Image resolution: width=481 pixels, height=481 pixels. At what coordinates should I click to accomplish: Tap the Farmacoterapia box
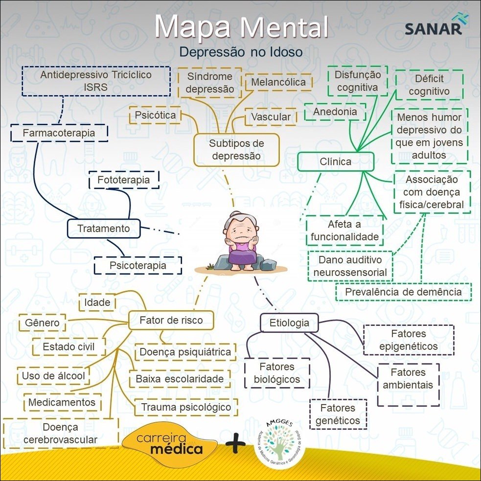click(59, 133)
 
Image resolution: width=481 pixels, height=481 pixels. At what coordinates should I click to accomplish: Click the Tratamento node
click(104, 229)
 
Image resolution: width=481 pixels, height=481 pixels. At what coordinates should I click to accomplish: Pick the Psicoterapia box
click(137, 266)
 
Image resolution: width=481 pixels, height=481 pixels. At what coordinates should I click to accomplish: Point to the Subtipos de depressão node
click(236, 150)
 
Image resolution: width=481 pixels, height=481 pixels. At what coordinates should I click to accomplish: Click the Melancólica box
click(278, 82)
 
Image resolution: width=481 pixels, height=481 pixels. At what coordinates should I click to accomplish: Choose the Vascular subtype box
click(271, 117)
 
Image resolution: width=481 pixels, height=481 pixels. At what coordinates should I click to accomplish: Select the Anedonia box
click(335, 112)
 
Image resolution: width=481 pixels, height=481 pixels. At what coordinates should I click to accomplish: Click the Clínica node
click(335, 161)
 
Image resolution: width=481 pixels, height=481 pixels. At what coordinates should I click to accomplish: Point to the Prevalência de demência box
click(403, 292)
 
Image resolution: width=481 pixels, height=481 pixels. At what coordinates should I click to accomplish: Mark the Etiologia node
click(289, 323)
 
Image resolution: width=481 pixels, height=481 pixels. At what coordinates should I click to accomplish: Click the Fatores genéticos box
click(338, 414)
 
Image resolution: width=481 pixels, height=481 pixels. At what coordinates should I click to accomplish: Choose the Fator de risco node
click(171, 321)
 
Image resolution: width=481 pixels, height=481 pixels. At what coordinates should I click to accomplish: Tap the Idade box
click(97, 302)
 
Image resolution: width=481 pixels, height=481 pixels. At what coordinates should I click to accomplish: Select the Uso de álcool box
click(53, 376)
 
